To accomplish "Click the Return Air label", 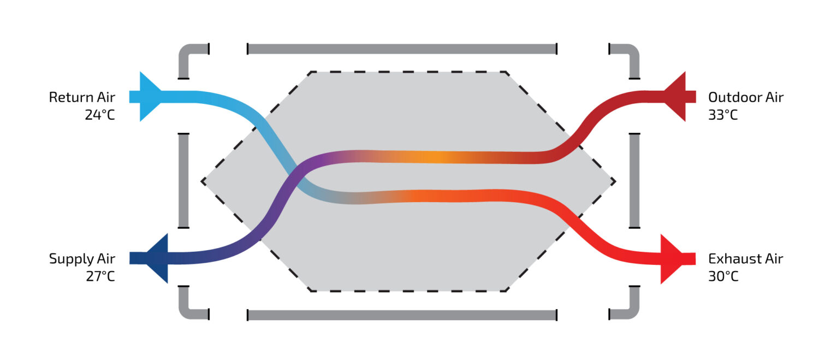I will point(82,97).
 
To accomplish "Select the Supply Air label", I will point(82,258).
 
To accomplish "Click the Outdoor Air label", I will point(745,97).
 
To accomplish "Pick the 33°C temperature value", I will point(723,115).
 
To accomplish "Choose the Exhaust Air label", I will point(745,258).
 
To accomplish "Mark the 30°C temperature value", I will point(723,276).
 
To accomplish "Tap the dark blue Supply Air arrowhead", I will point(158,258).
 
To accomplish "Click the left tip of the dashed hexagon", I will point(203,181).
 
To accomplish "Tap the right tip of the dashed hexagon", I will point(615,181).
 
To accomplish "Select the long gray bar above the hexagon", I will point(402,49).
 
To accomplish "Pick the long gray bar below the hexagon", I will point(402,315).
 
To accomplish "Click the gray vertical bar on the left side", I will point(183,180).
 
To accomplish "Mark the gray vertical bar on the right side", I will point(634,180).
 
